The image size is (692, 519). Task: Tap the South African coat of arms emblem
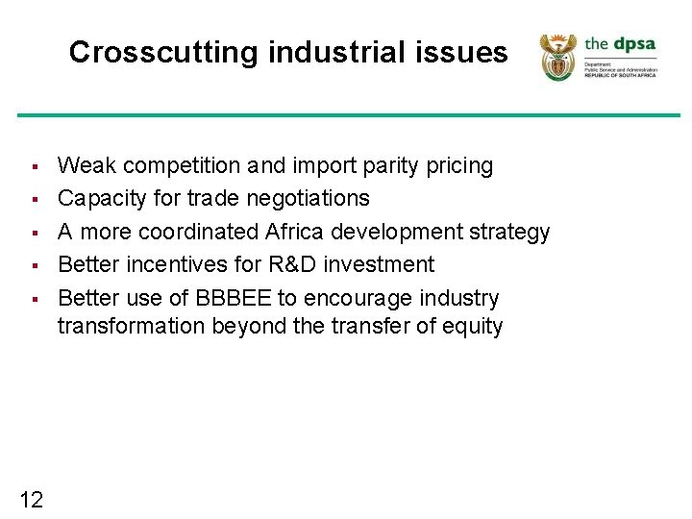(x=556, y=57)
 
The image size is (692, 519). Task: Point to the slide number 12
(x=31, y=499)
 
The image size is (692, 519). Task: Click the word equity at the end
(x=471, y=327)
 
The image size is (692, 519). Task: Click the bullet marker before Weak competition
(x=32, y=167)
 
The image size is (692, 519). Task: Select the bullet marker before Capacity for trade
(x=32, y=200)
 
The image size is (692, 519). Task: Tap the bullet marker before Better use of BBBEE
(x=32, y=299)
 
